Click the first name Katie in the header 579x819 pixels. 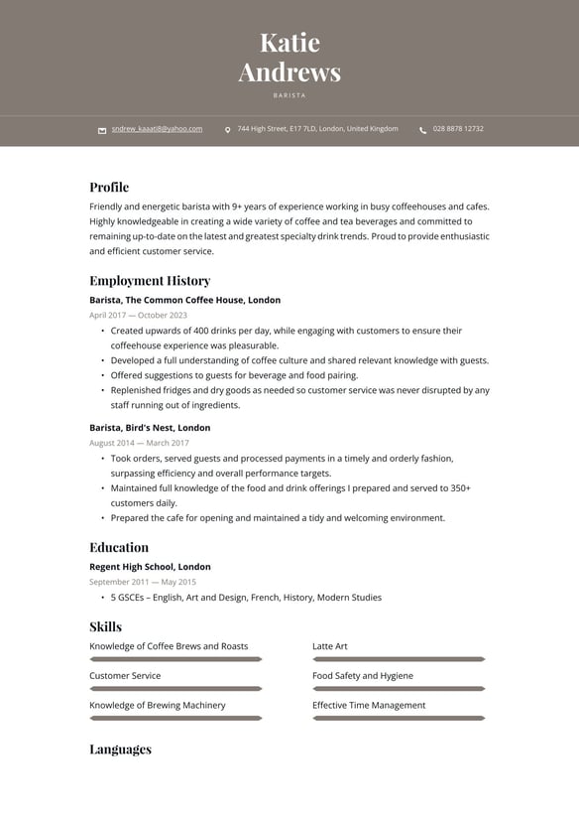pos(289,43)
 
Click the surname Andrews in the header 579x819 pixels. pos(289,72)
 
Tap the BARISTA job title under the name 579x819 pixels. pos(289,95)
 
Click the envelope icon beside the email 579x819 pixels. pos(102,130)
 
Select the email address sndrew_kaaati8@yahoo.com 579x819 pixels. pos(157,129)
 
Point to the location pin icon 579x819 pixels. pos(228,130)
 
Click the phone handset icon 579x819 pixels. pos(423,130)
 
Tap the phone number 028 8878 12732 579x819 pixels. pos(458,129)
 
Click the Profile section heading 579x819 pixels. pos(109,187)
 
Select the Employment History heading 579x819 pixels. pos(150,281)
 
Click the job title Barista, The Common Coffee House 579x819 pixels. pos(184,300)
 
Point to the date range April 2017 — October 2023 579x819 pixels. pos(138,315)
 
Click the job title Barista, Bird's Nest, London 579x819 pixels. pos(150,428)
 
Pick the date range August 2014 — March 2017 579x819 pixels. pos(139,443)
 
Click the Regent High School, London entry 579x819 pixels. pos(150,567)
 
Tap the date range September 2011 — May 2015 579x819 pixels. pos(143,582)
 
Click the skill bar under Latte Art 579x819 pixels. pos(399,659)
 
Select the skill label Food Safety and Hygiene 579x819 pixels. pos(363,676)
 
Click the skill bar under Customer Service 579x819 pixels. pos(175,689)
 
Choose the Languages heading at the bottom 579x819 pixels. pos(120,750)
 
